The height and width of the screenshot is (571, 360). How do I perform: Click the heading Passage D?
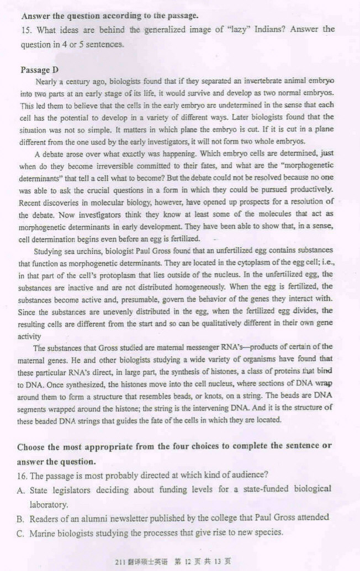[x=39, y=70]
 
